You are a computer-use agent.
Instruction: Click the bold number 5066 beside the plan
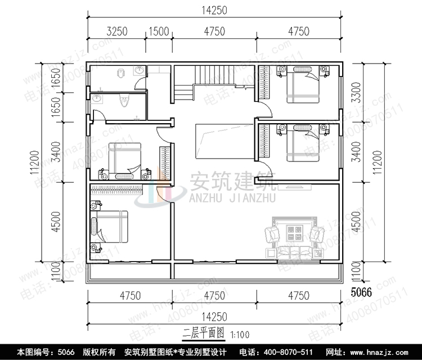tap(361, 292)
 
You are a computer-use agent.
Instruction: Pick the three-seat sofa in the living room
tap(295, 251)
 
